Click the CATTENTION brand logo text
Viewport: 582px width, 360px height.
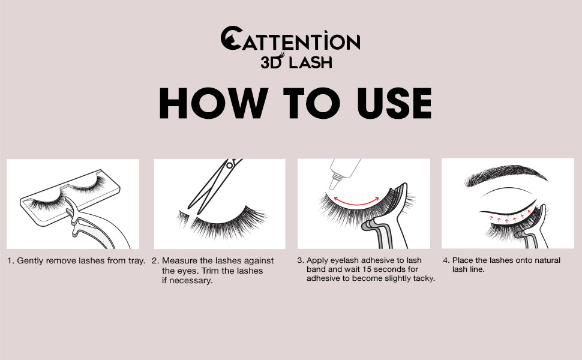290,41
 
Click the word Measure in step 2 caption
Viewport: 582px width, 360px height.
179,261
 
